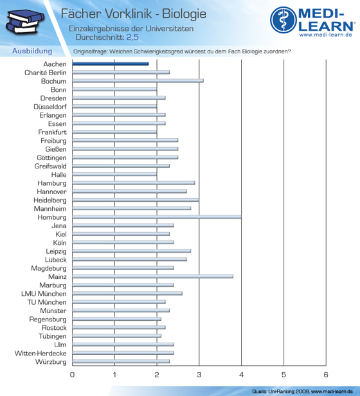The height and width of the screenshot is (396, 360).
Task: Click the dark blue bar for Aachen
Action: click(x=111, y=64)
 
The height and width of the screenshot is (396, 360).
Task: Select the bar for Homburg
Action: click(x=157, y=217)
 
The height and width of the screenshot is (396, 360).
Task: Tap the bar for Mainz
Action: click(x=153, y=276)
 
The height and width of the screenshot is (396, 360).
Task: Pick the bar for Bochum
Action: click(x=138, y=81)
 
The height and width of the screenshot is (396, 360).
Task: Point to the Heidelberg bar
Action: click(x=136, y=200)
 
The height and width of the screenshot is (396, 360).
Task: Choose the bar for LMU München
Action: click(x=127, y=293)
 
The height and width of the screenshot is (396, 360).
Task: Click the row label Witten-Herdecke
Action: click(x=40, y=353)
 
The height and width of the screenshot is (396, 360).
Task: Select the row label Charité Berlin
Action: click(x=46, y=73)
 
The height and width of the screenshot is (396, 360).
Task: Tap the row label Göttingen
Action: click(x=51, y=158)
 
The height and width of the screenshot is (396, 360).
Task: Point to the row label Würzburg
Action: click(x=51, y=362)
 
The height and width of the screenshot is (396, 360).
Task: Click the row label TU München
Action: click(x=47, y=302)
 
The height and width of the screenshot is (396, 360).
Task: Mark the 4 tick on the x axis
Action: click(x=241, y=375)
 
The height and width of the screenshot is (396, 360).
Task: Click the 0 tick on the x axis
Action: click(x=72, y=375)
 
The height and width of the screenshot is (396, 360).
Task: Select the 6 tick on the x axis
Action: click(x=326, y=375)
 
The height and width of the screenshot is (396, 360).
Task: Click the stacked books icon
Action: click(x=25, y=22)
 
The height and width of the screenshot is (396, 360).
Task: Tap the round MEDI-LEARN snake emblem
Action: click(x=283, y=20)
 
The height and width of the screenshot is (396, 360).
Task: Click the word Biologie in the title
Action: click(x=184, y=14)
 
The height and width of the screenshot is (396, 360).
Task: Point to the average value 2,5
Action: click(x=132, y=37)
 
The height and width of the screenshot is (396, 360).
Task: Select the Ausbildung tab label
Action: click(x=32, y=51)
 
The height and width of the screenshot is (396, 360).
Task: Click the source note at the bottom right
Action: click(x=302, y=392)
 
